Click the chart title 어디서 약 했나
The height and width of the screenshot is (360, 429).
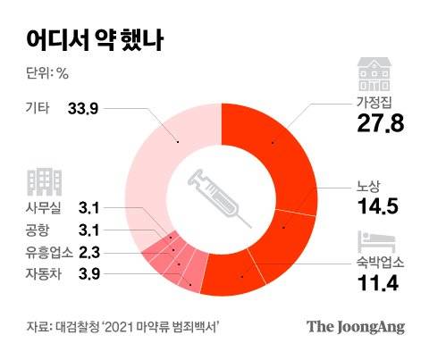[88, 39]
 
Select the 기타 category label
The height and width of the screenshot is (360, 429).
[39, 109]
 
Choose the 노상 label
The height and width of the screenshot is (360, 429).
[367, 188]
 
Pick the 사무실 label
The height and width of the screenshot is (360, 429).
[46, 208]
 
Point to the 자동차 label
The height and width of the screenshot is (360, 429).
[46, 273]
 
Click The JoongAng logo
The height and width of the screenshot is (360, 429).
[357, 328]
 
